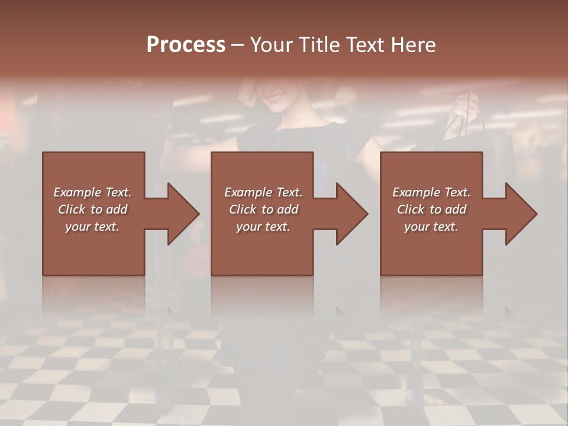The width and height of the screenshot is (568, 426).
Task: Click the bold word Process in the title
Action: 186,45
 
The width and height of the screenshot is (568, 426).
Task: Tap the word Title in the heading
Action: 320,45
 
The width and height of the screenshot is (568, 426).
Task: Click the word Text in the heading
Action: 366,45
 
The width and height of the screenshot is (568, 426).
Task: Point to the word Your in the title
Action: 273,45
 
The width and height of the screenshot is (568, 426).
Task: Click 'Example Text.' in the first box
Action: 92,192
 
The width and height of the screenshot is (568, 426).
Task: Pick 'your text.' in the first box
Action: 92,227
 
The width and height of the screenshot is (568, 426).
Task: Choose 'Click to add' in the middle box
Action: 263,209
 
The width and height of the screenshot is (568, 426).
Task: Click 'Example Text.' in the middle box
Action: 263,192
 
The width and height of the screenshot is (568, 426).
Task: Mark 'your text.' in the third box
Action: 431,227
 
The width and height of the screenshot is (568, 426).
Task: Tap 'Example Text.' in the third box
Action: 431,192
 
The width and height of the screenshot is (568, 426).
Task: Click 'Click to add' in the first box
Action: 92,209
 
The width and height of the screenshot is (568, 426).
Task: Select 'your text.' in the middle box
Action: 263,227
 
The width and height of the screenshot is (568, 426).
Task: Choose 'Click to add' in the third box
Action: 431,209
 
